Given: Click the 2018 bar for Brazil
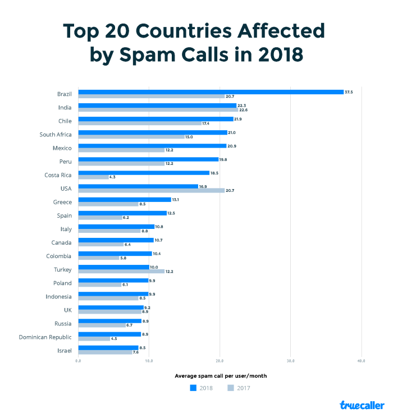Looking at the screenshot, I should (211, 92).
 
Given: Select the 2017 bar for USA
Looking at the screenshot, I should (151, 191).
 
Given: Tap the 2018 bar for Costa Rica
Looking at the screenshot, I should (144, 173).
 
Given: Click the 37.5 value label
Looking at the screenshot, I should (349, 92).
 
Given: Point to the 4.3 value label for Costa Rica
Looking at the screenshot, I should (113, 177).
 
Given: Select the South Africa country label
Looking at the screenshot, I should (56, 135).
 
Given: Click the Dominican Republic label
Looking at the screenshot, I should (45, 337).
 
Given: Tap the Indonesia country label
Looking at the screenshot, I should (58, 296).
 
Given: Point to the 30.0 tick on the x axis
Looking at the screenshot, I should (290, 361).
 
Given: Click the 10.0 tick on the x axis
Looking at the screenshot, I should (149, 361).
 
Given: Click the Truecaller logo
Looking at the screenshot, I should (362, 405).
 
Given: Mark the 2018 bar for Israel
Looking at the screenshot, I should (108, 348).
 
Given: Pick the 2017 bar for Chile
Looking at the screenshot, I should (139, 123).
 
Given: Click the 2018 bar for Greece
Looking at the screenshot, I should (124, 200).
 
